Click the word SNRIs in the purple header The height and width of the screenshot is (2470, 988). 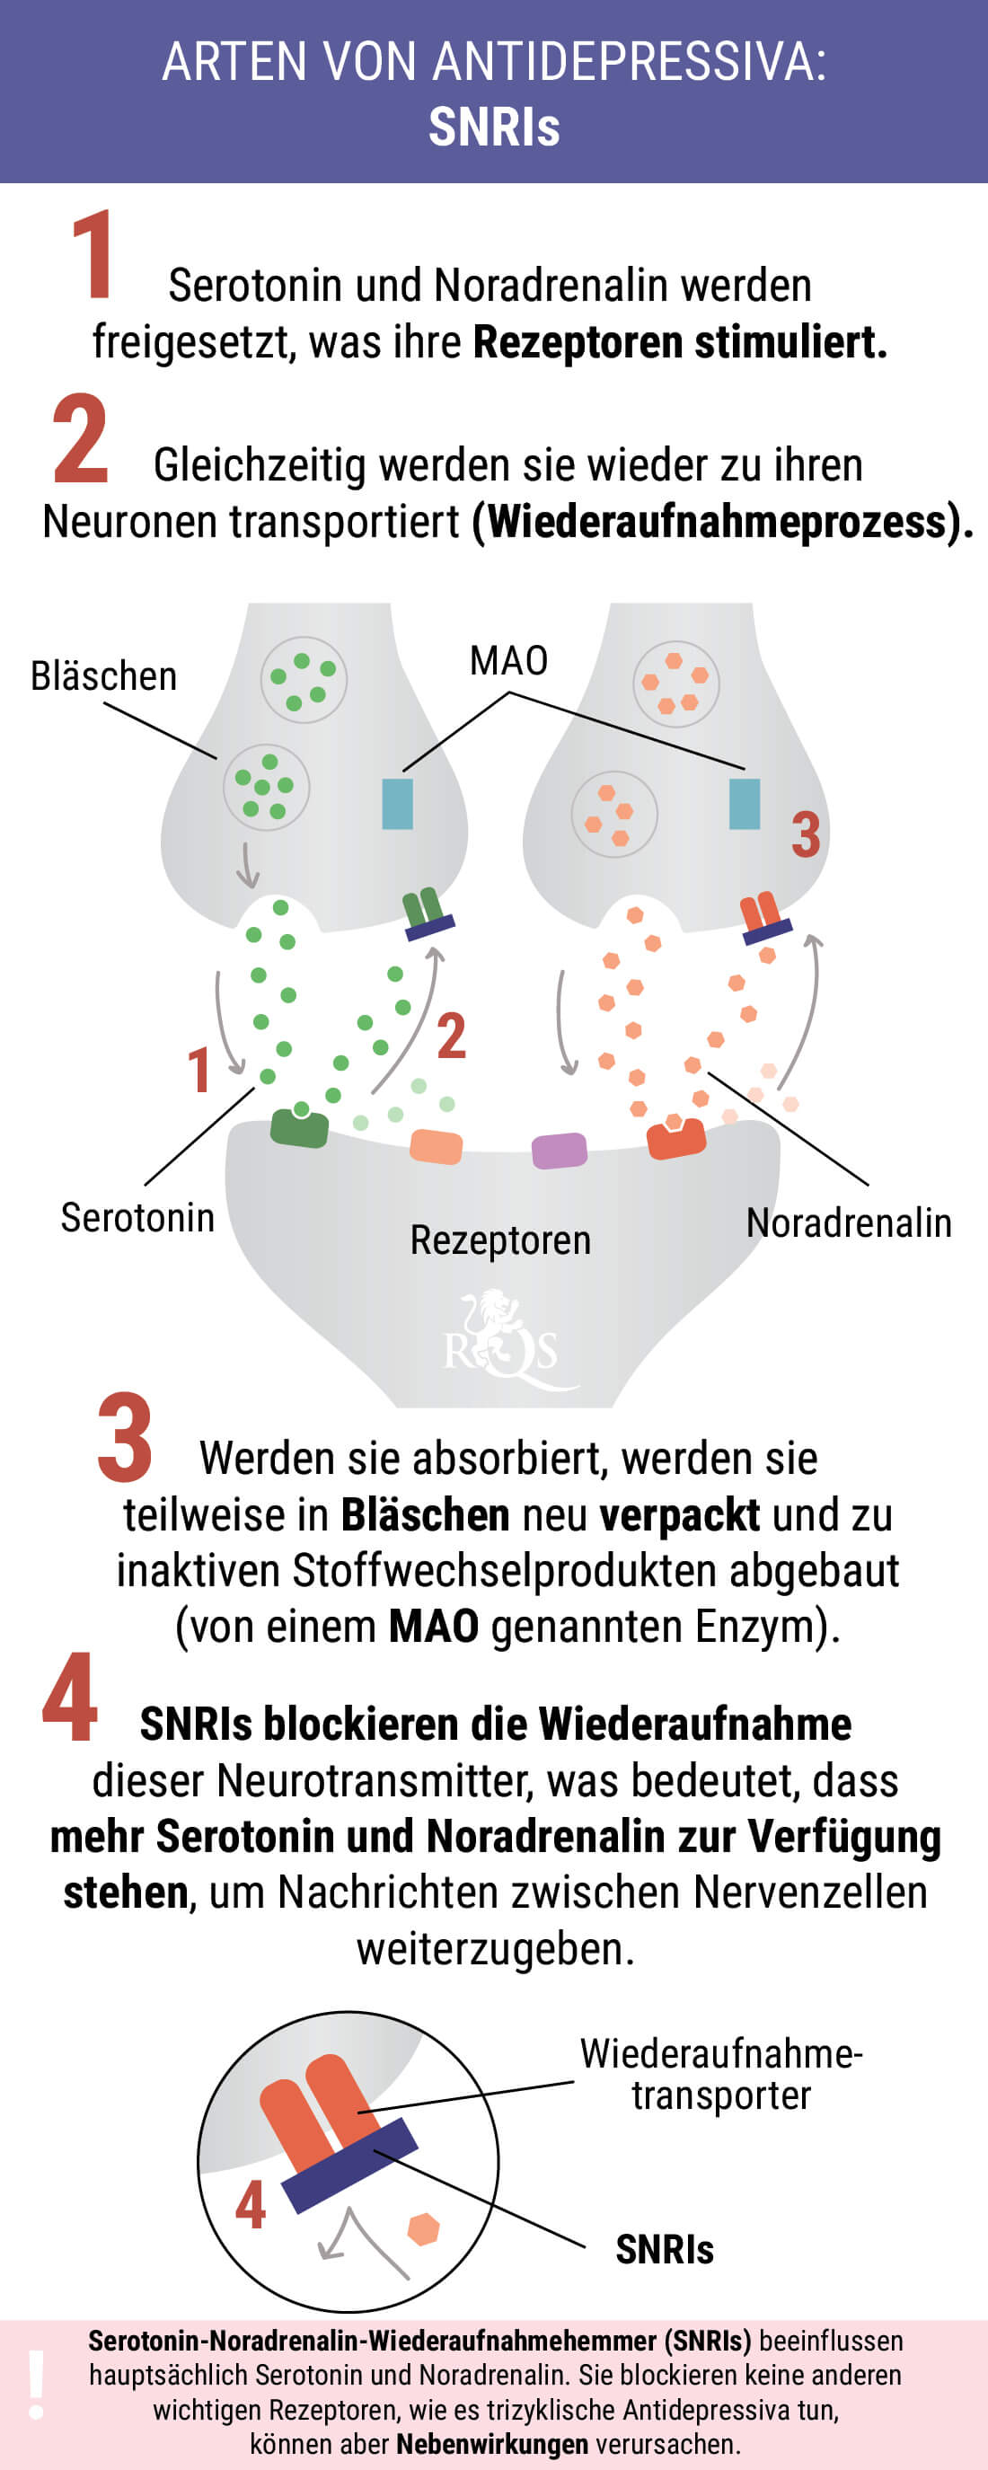click(x=494, y=127)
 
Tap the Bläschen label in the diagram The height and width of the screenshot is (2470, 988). click(x=103, y=676)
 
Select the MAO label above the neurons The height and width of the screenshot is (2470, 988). click(x=508, y=661)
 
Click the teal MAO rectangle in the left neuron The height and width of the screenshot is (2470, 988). click(x=397, y=804)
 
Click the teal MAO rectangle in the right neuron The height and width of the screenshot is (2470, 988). click(x=745, y=804)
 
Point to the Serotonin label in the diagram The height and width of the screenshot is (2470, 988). click(x=137, y=1218)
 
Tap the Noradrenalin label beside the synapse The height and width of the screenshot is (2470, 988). click(x=849, y=1223)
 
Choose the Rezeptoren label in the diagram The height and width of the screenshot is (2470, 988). click(x=499, y=1240)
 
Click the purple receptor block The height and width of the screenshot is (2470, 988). click(x=560, y=1151)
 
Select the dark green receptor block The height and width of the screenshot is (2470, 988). click(x=299, y=1127)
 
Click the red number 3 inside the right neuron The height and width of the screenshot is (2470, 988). click(x=806, y=834)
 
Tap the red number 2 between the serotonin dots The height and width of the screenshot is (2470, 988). click(x=451, y=1036)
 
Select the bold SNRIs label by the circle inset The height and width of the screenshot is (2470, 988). click(x=665, y=2249)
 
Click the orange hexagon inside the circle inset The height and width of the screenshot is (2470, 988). click(x=423, y=2229)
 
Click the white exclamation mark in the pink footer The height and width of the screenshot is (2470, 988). click(x=37, y=2385)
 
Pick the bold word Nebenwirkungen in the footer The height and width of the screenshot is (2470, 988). click(x=492, y=2444)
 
